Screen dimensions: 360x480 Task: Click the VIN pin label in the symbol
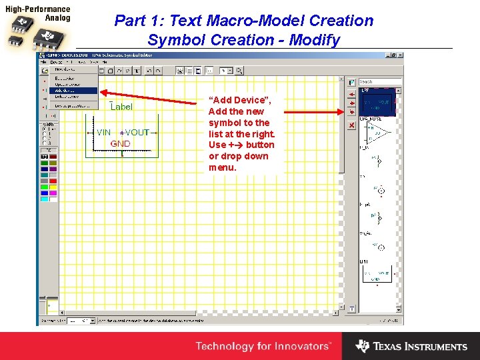coord(103,133)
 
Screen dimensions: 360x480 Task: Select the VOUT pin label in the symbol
coord(138,133)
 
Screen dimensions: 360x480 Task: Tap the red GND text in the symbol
coord(120,143)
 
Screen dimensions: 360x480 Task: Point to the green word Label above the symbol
coord(121,107)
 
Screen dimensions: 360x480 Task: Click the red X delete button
coord(351,125)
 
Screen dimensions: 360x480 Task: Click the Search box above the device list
coord(380,82)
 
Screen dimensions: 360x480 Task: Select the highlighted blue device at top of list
coord(377,103)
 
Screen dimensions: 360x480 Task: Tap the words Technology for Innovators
coord(263,346)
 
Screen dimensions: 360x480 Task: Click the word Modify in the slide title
coord(311,40)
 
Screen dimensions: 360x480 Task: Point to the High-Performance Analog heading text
coord(38,14)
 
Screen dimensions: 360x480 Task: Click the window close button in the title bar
coord(399,54)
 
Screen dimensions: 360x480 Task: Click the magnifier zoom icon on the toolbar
coord(239,70)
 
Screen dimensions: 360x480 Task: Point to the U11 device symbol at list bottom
coord(377,273)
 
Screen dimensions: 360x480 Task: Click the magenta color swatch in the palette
coord(53,193)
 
